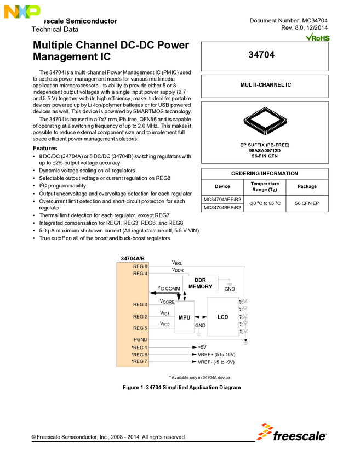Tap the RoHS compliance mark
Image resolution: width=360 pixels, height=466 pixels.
(317, 37)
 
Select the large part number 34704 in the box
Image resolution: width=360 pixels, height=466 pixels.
(265, 55)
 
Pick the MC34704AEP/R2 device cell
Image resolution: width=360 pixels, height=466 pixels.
(222, 200)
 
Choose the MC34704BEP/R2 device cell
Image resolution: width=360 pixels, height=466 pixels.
(222, 208)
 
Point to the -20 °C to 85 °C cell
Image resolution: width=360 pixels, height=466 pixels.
(265, 203)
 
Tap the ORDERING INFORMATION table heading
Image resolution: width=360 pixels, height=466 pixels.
(265, 173)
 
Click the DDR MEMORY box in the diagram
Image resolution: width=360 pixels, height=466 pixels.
(200, 283)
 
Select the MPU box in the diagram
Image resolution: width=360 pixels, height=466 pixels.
(184, 317)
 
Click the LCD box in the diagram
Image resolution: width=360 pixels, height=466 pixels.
(222, 317)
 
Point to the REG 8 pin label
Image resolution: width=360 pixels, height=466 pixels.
(140, 266)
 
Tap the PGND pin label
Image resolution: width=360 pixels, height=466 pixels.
(140, 339)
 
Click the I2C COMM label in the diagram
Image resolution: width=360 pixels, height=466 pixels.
(169, 288)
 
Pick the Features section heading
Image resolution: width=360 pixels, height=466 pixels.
(45, 149)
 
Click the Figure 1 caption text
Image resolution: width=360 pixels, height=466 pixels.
(181, 388)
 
